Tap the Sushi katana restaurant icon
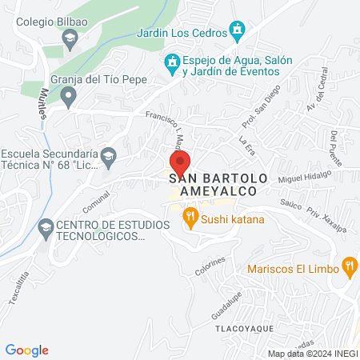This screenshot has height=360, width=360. (190, 215)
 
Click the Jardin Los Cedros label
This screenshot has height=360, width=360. (181, 33)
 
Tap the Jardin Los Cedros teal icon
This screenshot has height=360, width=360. (237, 31)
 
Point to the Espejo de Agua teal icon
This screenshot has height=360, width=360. (171, 62)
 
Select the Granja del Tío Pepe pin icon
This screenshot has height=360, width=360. (69, 98)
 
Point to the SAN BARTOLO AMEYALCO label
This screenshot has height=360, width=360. (213, 185)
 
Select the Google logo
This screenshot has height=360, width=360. (27, 350)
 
